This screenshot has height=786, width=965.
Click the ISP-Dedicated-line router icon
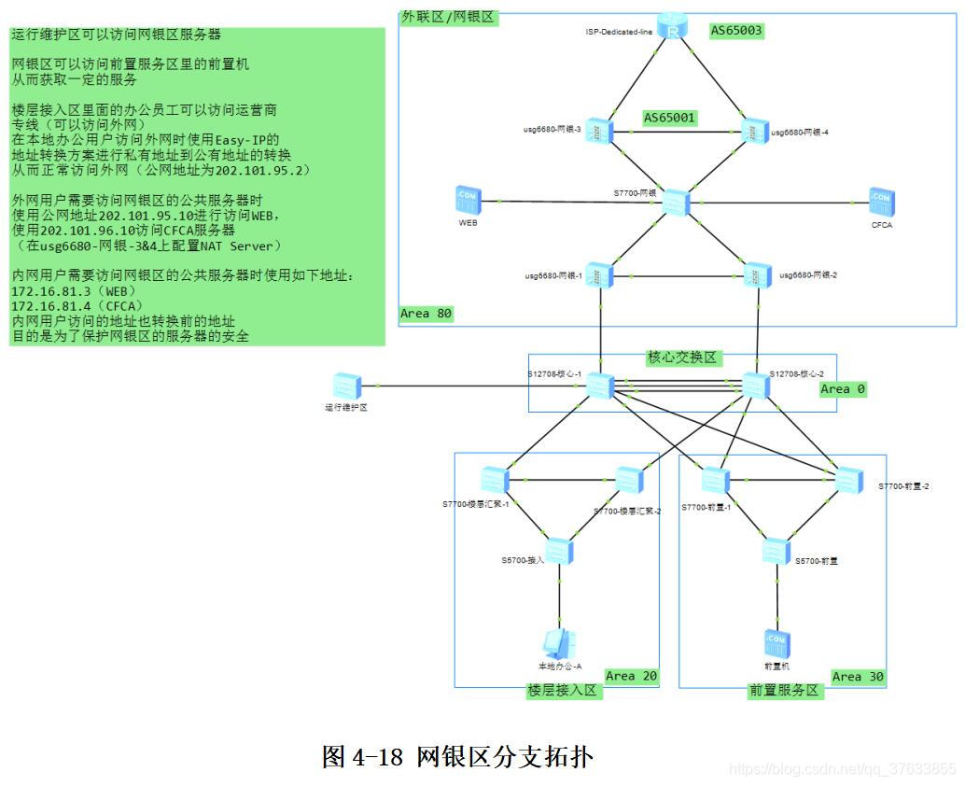coord(672,27)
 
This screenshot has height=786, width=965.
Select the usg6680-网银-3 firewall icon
coord(599,131)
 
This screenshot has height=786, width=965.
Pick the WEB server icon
coord(468,200)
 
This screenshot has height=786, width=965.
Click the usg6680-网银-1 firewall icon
coord(599,274)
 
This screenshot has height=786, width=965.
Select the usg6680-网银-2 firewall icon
coord(757,274)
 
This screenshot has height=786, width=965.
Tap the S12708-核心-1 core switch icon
coord(599,386)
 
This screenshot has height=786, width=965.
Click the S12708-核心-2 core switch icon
coord(755,385)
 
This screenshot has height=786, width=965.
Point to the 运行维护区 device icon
coord(346,386)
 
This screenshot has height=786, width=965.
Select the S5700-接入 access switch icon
coord(559,552)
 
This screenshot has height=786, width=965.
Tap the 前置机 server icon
coord(776,643)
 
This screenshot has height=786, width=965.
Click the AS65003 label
coord(736,31)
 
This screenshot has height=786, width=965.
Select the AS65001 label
coord(671,119)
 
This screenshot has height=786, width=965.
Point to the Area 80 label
coord(427,314)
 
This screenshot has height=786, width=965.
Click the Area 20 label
coord(632,676)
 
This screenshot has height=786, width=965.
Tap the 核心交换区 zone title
coord(684,358)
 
